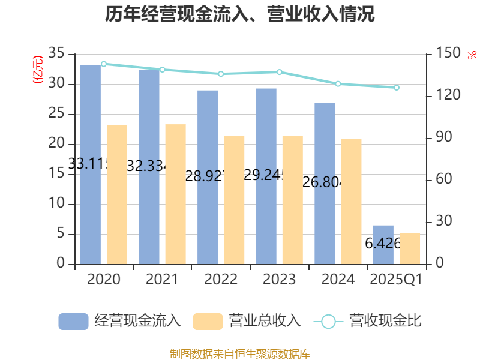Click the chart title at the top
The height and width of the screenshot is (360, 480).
[240, 14]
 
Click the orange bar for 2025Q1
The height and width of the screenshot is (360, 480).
[410, 248]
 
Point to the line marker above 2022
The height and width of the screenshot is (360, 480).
[221, 74]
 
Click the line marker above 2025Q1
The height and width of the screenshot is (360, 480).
[396, 88]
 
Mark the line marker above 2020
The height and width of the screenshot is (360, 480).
[104, 64]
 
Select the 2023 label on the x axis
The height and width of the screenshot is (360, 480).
[279, 280]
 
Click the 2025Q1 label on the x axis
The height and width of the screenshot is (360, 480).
[396, 280]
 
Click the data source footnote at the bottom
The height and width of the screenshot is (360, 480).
[240, 353]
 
